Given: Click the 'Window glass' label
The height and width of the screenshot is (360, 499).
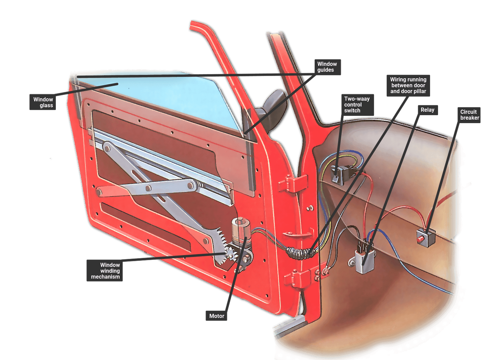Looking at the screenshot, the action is click(43, 102).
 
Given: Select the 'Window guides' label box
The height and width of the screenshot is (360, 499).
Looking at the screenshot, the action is click(327, 67).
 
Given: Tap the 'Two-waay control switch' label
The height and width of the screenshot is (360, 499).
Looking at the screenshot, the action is click(358, 105).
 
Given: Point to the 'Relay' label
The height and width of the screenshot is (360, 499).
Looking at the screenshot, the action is click(428, 110).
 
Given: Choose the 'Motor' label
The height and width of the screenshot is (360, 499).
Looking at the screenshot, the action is click(216, 316).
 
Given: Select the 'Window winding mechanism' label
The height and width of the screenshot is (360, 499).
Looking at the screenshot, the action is click(105, 271).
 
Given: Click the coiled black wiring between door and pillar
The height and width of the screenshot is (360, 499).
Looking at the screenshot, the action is click(301, 253).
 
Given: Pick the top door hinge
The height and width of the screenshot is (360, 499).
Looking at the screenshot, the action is click(293, 184).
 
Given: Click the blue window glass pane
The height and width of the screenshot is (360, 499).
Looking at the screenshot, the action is click(156, 98).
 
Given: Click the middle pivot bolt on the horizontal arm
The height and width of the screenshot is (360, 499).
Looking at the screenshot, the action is click(148, 189).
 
